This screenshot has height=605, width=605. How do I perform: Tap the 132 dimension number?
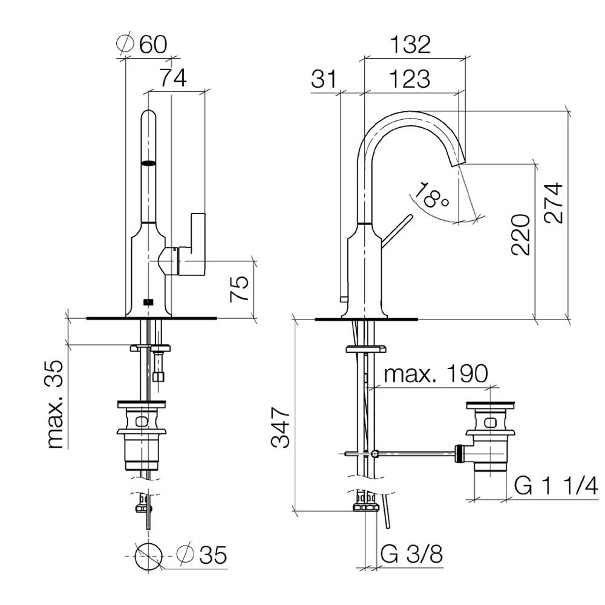pyautogui.click(x=410, y=44)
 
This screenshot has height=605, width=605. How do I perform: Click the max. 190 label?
pyautogui.click(x=435, y=374)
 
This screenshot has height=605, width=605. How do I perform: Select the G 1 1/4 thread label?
pyautogui.click(x=556, y=485)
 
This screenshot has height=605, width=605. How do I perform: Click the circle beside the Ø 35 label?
pyautogui.click(x=148, y=555)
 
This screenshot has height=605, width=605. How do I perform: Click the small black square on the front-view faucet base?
pyautogui.click(x=148, y=301)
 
